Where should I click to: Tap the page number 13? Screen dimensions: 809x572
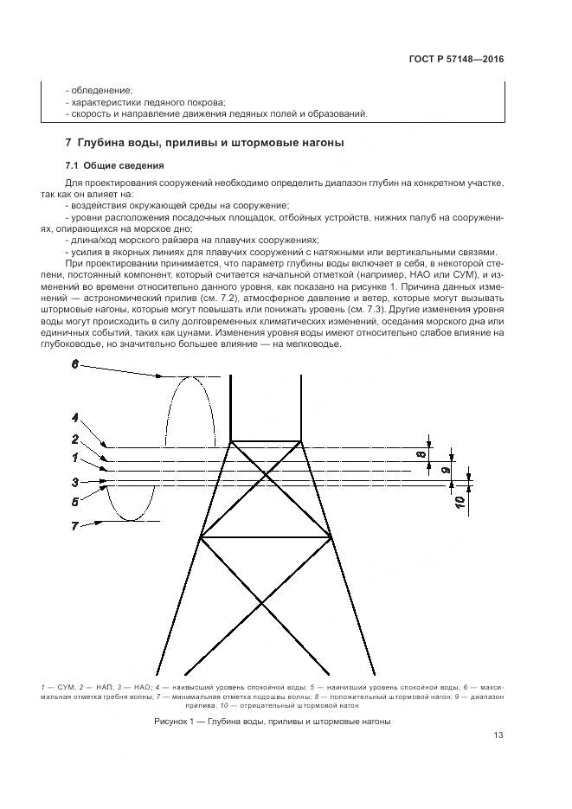click(x=498, y=736)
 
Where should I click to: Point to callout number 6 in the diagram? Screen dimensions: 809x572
click(x=74, y=365)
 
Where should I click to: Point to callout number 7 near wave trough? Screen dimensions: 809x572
click(x=74, y=525)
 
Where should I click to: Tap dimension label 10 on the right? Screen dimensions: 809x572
click(x=460, y=499)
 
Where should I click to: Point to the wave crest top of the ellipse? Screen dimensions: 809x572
click(x=186, y=377)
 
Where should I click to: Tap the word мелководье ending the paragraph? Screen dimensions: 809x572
click(x=312, y=344)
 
